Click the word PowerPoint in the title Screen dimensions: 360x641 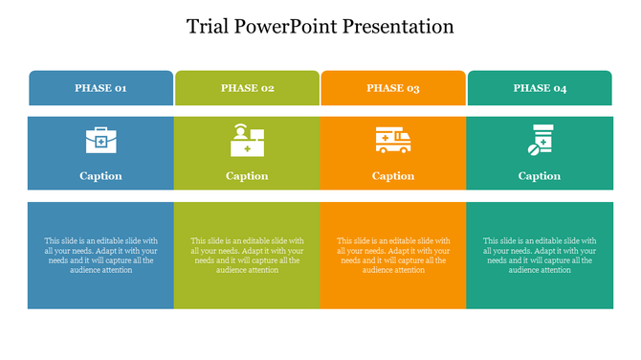tap(292, 26)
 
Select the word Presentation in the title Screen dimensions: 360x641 tap(404, 26)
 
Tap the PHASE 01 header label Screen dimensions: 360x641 tap(100, 88)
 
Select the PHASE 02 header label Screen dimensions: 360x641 tap(247, 88)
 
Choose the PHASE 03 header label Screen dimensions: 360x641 tap(393, 88)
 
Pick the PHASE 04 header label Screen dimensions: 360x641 tap(540, 88)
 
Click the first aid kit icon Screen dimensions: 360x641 tap(100, 141)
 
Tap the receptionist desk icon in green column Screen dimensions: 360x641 tap(247, 141)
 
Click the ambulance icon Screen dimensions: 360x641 tap(393, 140)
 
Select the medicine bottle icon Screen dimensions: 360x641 tap(542, 138)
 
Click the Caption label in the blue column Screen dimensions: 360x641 tap(100, 176)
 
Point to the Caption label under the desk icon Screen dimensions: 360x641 tap(247, 176)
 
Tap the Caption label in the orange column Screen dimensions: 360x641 tap(393, 176)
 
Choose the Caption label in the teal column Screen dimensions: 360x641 tap(540, 176)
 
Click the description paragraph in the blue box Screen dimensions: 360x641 tap(100, 256)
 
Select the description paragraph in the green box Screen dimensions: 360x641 tap(247, 256)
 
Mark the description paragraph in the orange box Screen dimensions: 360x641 tap(393, 256)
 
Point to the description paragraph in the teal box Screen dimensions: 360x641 tap(540, 256)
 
